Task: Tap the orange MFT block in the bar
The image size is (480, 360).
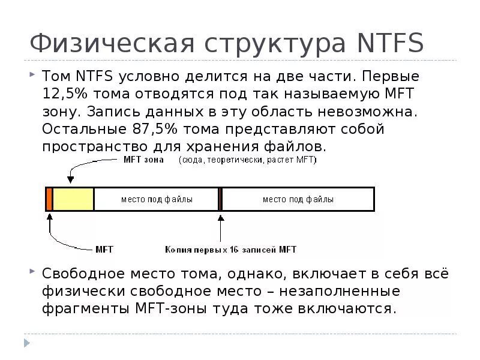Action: point(49,199)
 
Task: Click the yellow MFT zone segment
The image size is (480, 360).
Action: point(73,199)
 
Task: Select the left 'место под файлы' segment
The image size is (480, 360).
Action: point(157,199)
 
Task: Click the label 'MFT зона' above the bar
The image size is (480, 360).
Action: point(143,160)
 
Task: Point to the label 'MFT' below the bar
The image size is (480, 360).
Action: point(104,249)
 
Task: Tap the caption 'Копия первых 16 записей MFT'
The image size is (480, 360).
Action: point(231,249)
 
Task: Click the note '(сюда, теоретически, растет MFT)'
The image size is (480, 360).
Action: point(248,160)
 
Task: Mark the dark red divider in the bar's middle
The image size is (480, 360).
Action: point(220,199)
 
